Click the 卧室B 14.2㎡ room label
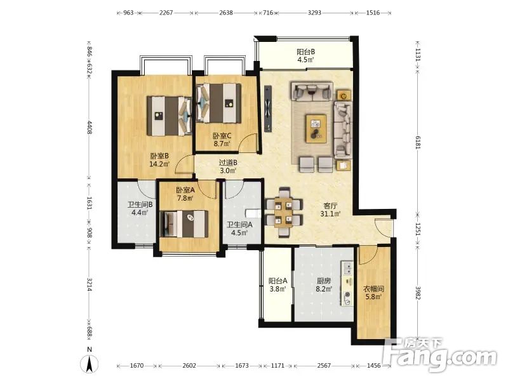click(159, 160)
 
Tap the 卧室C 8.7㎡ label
click(222, 140)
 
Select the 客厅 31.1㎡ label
click(330, 210)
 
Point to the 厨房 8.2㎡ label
click(324, 284)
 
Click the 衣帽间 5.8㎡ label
click(373, 292)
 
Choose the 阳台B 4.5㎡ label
click(306, 55)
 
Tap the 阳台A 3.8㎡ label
click(277, 284)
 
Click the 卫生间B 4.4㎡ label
click(140, 209)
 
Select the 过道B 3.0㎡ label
click(228, 166)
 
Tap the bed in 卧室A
click(184, 224)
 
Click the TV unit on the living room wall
click(268, 109)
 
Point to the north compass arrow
click(90, 363)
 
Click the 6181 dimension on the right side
click(418, 142)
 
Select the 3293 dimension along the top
click(314, 13)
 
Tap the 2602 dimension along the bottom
click(189, 366)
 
